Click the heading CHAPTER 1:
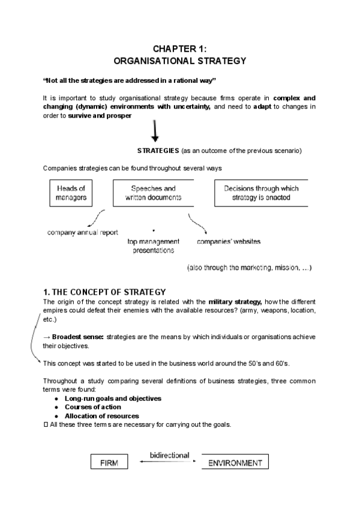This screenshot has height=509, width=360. (179, 49)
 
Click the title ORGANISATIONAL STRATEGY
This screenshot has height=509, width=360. (179, 61)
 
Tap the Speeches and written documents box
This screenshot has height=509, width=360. (154, 193)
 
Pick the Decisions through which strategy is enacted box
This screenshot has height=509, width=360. (261, 193)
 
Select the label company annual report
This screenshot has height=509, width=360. (83, 232)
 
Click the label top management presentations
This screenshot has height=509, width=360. (154, 246)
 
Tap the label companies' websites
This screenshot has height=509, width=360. (229, 242)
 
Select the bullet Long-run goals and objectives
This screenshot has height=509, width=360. (113, 398)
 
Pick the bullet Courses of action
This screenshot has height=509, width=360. (92, 407)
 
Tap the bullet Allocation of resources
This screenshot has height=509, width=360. (101, 416)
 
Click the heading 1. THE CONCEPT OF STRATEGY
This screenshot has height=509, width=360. (104, 292)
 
